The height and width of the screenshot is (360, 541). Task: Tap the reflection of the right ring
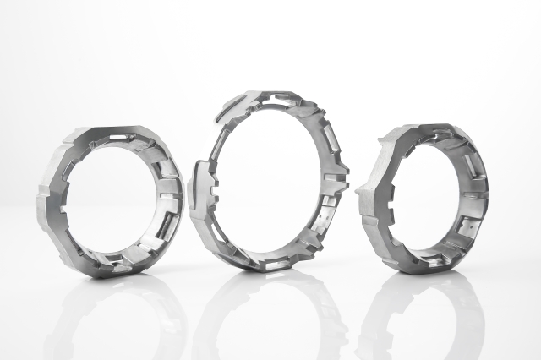(x=423, y=313)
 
